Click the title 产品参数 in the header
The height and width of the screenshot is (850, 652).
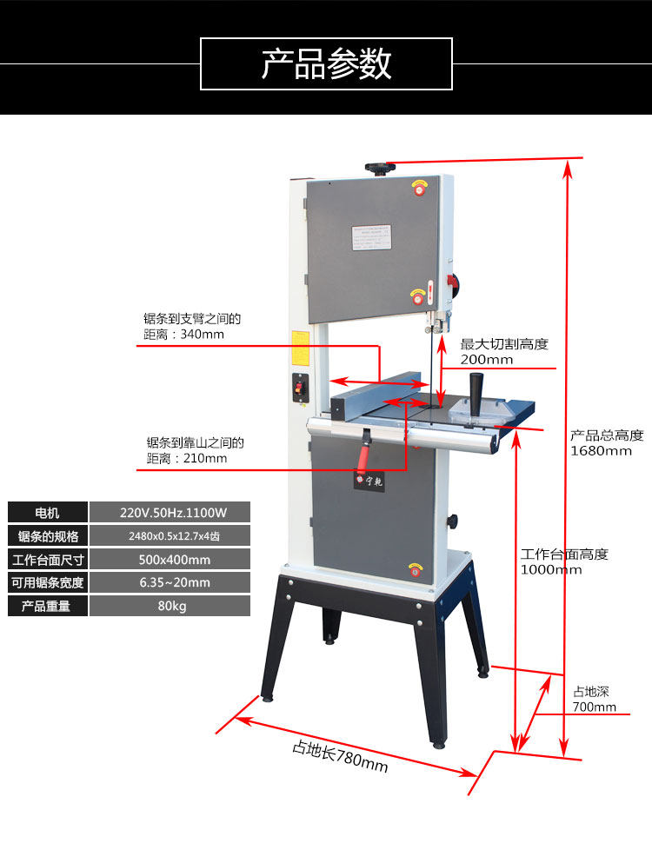tap(326, 63)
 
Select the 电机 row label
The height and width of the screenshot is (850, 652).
tap(47, 512)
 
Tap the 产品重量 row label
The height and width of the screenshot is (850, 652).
tap(47, 606)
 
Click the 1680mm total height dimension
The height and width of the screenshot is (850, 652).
tap(601, 450)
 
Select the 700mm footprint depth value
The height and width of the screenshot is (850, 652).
tap(595, 707)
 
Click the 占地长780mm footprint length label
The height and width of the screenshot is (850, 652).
tap(339, 755)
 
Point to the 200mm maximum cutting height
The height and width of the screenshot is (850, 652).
tap(487, 359)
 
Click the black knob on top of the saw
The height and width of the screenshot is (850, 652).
tap(378, 166)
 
